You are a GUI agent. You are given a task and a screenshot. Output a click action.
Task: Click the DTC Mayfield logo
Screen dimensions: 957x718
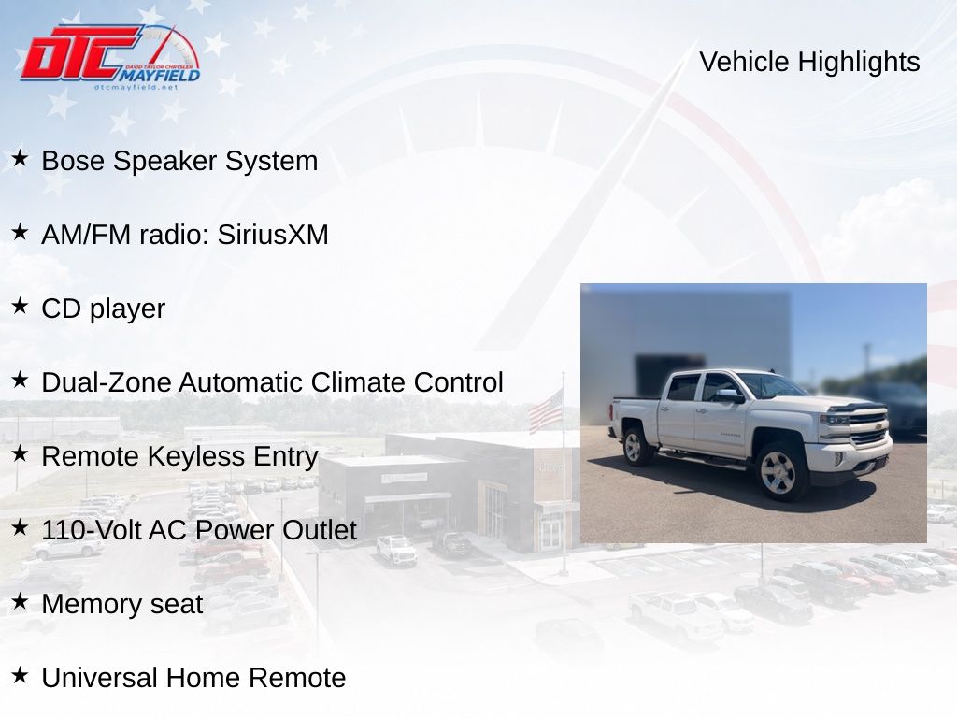[x=110, y=57]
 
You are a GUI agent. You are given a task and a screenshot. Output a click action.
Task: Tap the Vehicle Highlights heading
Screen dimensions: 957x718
[x=809, y=62]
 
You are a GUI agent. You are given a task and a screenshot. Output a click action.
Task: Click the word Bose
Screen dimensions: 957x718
[x=73, y=161]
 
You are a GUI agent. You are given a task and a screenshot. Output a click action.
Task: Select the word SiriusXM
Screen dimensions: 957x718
[x=273, y=235]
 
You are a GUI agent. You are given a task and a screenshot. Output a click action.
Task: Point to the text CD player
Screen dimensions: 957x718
[x=103, y=309]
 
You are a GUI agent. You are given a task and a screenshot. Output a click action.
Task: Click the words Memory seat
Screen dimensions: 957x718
[x=122, y=605]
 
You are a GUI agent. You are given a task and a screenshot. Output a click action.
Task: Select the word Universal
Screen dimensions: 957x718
[x=99, y=679]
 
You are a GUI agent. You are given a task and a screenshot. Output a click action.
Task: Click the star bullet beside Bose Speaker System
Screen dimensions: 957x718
[x=20, y=158]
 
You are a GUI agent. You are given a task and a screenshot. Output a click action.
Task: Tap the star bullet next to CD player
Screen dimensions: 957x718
[x=20, y=306]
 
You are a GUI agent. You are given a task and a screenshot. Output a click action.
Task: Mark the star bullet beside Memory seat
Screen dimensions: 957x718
[x=20, y=601]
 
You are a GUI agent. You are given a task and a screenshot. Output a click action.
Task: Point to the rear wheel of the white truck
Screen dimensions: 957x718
[x=636, y=446]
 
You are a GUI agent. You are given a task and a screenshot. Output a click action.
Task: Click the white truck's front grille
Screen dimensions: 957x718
[x=867, y=428]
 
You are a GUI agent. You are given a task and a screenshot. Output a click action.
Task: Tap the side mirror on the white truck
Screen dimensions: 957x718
[x=728, y=395]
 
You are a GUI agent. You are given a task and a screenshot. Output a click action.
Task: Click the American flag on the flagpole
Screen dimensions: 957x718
[x=546, y=411]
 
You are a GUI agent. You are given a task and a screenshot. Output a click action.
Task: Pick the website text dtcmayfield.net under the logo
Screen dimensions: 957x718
[x=136, y=87]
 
